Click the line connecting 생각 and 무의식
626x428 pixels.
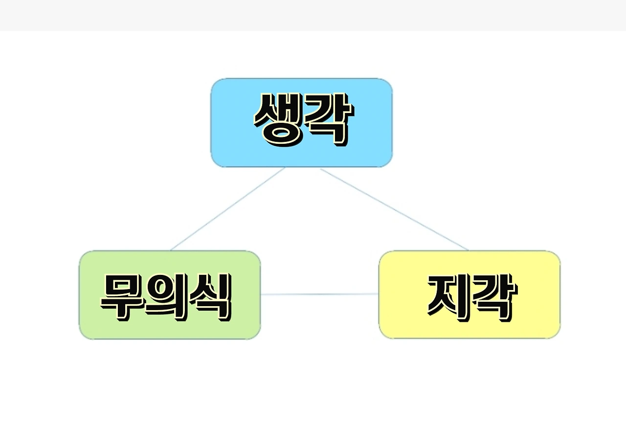[x=227, y=209]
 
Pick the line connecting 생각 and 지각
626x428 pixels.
[x=394, y=209]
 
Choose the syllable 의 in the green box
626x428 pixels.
[x=165, y=296]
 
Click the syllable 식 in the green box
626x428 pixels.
[x=209, y=296]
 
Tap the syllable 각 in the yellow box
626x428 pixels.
[x=493, y=295]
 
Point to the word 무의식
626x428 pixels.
[x=165, y=296]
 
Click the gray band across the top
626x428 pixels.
[x=313, y=15]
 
